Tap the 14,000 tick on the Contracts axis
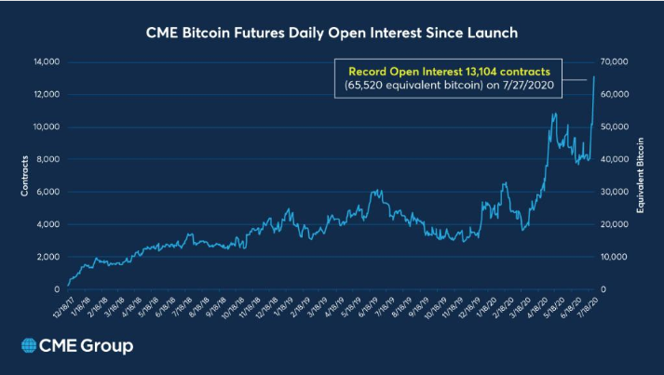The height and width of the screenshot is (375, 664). [x=45, y=62]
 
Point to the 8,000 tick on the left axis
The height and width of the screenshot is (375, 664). [x=47, y=159]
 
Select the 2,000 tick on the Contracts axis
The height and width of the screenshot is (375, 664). [x=47, y=257]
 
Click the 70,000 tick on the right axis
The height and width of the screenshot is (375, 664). [x=617, y=62]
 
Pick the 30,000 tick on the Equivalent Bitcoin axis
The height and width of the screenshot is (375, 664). [x=617, y=192]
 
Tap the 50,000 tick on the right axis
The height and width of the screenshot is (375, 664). [x=617, y=127]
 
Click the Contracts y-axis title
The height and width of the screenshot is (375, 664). [x=25, y=176]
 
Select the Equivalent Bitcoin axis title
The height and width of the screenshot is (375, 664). [x=641, y=176]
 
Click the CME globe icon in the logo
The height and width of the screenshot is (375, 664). [x=28, y=347]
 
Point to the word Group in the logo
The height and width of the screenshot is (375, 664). [x=107, y=347]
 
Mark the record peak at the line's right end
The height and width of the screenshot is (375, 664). [x=594, y=76]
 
